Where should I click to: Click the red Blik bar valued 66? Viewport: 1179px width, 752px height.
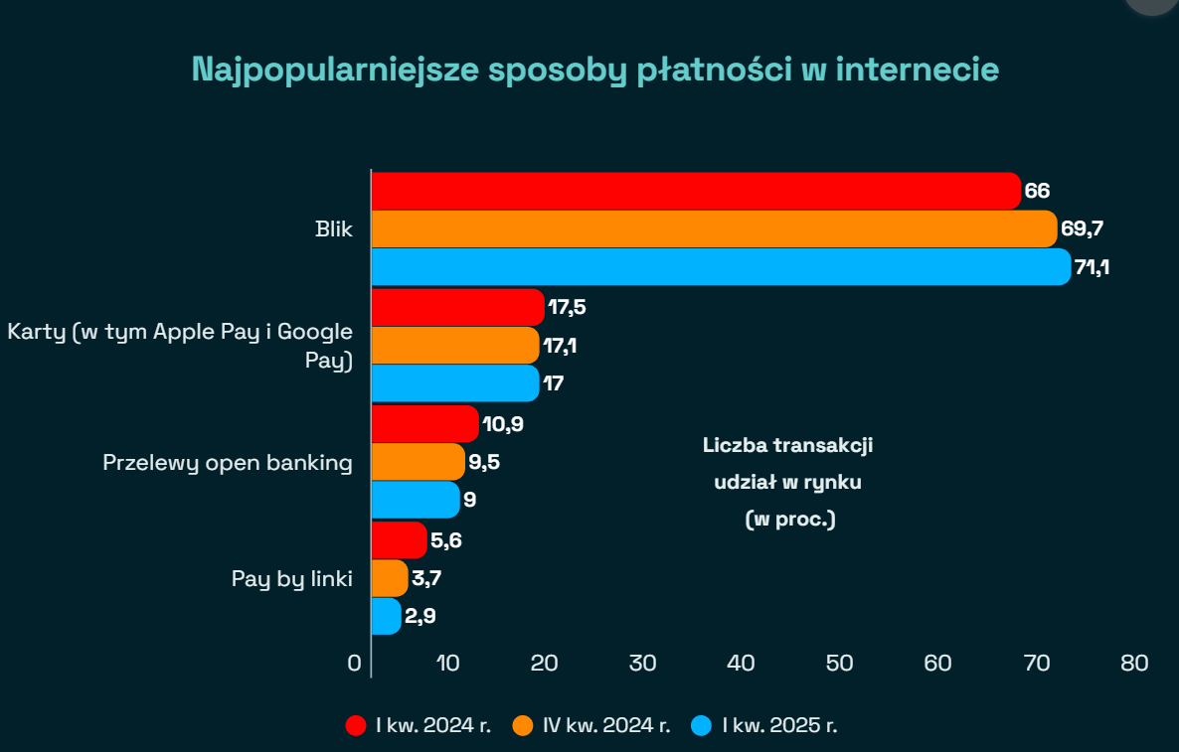coord(696,191)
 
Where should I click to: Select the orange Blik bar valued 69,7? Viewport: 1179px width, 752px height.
coord(714,229)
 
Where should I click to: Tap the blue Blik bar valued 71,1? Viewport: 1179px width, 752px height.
coord(721,267)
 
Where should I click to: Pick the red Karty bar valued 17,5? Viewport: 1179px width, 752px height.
coord(457,307)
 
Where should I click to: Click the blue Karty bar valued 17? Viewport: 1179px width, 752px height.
coord(454,382)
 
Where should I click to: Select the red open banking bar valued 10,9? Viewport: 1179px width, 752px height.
coord(424,424)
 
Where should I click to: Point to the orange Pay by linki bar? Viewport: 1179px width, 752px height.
coord(389,577)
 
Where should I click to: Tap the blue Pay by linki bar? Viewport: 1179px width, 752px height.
coord(386,616)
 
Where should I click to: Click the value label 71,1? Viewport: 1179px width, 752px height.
coord(1092,267)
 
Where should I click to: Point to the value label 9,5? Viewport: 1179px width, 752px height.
coord(485,462)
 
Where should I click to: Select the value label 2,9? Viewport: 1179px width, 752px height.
coord(420,616)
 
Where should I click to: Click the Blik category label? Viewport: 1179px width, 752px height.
coord(334,230)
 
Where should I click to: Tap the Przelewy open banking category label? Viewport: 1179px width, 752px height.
coord(228,463)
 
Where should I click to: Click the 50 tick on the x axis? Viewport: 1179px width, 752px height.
coord(839,663)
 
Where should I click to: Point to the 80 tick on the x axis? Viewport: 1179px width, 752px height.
coord(1133,663)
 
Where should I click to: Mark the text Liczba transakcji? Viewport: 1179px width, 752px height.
coord(787,445)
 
